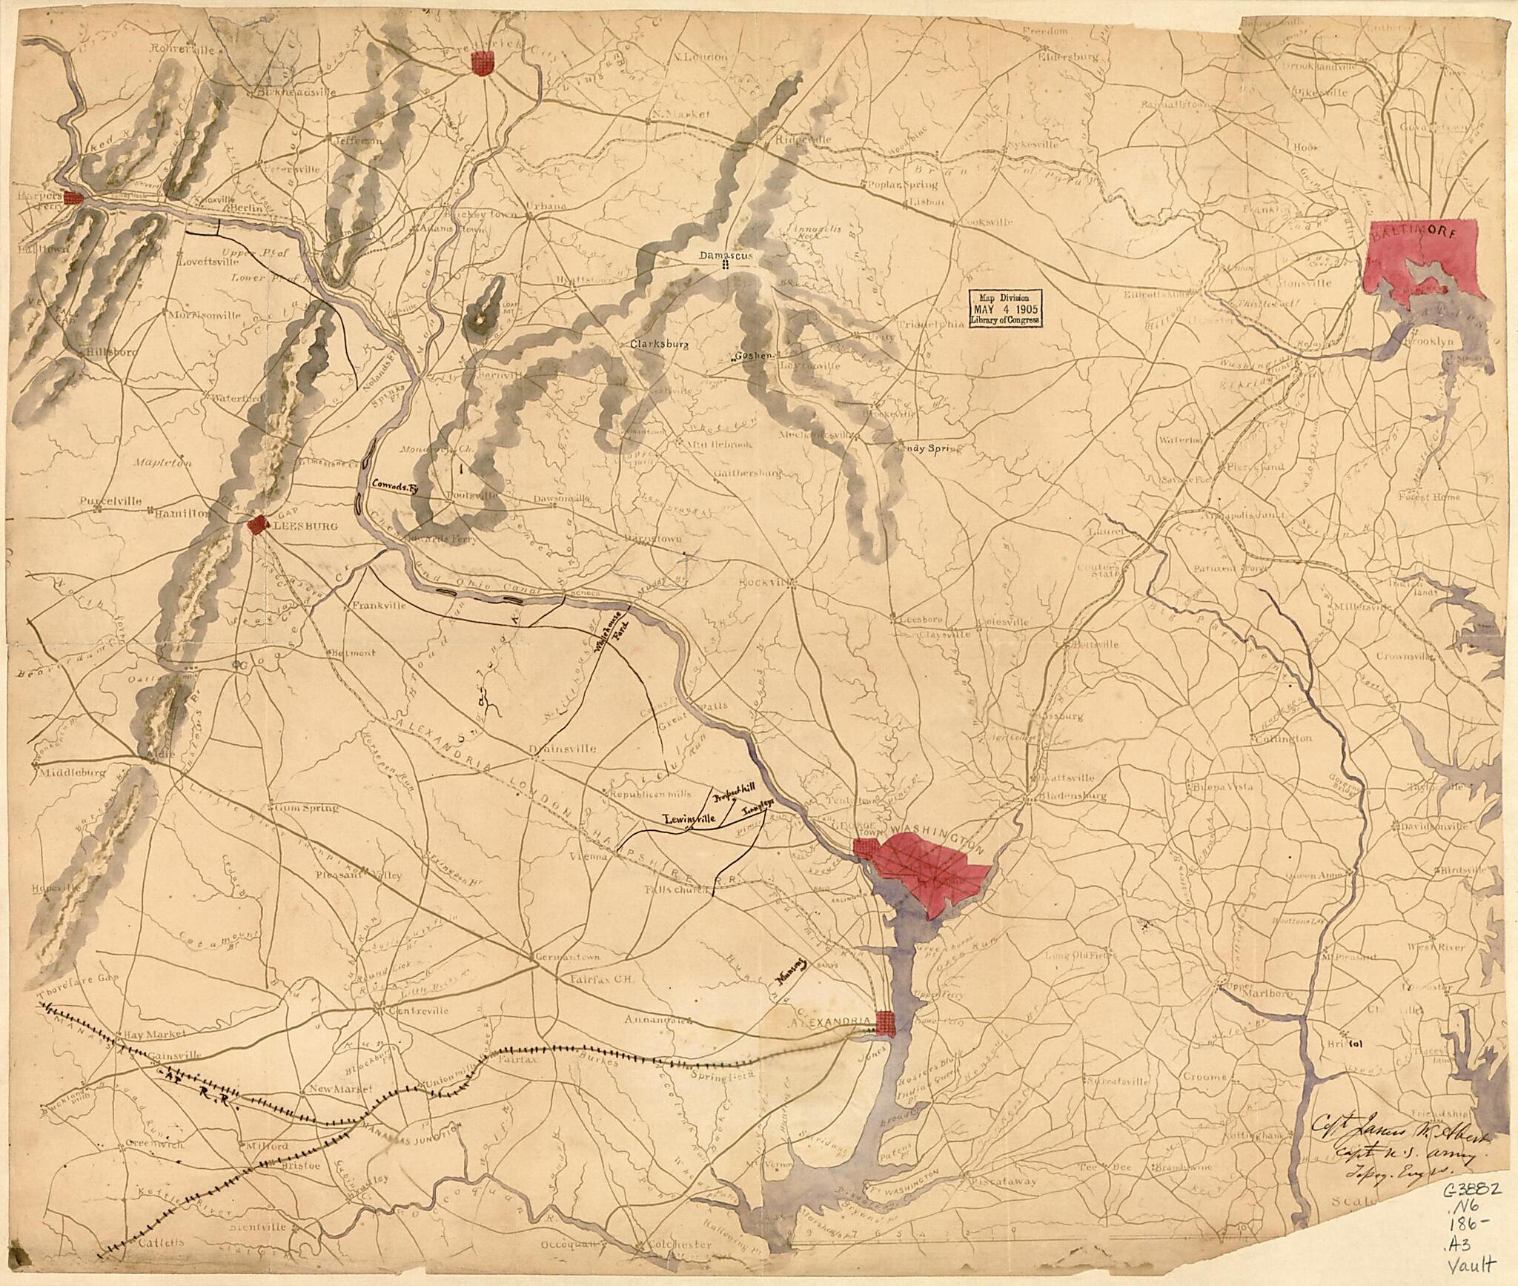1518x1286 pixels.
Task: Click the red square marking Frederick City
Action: tap(483, 63)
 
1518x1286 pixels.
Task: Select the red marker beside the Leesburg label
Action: tap(256, 526)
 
